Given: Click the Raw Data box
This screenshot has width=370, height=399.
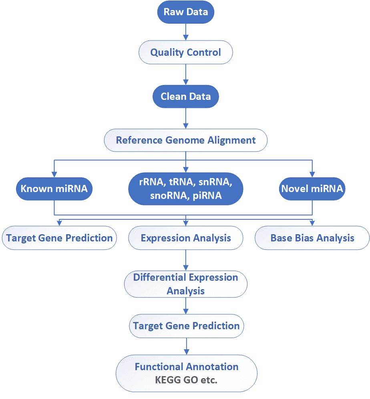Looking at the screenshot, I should pos(186,12).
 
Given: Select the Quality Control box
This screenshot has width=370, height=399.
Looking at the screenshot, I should pos(185,52).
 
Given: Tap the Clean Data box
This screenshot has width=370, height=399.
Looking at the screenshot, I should pos(185,97).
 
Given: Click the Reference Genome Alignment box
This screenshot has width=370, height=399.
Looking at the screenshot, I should pos(185,140).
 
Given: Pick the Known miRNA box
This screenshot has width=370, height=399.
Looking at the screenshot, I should pos(54,188).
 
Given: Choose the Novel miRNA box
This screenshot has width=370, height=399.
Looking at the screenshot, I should pos(312,188).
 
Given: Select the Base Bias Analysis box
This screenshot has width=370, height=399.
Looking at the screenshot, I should pos(312,238).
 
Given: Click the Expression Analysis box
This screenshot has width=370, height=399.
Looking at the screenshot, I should pos(185,238).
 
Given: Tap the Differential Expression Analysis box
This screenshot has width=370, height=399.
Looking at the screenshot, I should pos(185,284).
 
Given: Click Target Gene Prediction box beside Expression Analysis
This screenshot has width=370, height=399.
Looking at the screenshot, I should pos(59,238).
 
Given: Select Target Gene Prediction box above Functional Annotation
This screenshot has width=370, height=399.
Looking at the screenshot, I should pos(186,326).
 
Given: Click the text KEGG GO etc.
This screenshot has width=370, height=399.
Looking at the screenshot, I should pos(186,380).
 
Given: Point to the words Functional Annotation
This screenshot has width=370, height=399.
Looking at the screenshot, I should pos(186,367).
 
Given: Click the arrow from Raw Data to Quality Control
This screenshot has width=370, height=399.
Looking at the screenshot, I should pos(185,32).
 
